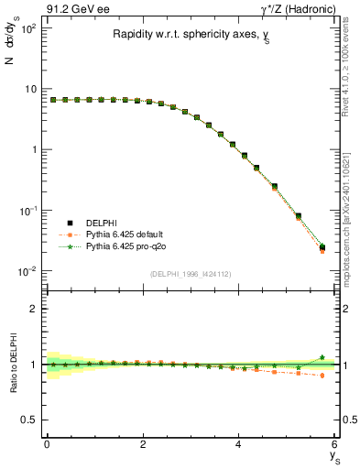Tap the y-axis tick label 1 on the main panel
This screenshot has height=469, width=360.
point(35,149)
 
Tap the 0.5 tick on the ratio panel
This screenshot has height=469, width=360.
point(30,420)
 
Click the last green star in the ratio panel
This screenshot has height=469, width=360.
point(322,357)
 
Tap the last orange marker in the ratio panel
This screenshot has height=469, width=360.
point(322,376)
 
